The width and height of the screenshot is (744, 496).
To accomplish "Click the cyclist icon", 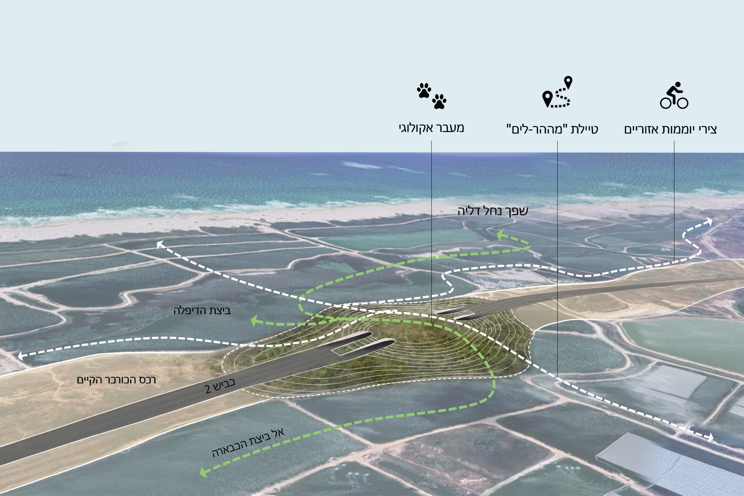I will pyautogui.click(x=674, y=96).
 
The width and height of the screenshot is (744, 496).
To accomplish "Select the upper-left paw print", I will pyautogui.click(x=424, y=90).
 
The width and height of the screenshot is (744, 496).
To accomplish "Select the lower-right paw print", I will pyautogui.click(x=439, y=101).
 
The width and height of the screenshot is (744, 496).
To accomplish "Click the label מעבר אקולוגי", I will pyautogui.click(x=431, y=128).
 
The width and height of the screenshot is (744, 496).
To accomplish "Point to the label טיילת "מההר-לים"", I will pyautogui.click(x=552, y=129).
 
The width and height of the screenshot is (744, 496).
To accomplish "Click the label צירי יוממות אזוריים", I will pyautogui.click(x=670, y=129).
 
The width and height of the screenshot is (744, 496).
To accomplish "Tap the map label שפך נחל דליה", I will pyautogui.click(x=493, y=211).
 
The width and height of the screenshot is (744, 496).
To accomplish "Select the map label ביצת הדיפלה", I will pyautogui.click(x=202, y=311).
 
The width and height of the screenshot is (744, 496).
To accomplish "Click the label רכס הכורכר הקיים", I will pyautogui.click(x=117, y=379).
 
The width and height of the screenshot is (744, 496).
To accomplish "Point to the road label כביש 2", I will pyautogui.click(x=220, y=385).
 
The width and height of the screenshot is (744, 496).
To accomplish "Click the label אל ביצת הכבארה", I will pyautogui.click(x=248, y=443).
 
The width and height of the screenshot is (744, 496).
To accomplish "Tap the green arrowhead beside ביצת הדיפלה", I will pyautogui.click(x=254, y=322).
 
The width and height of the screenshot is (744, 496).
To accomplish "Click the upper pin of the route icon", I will pyautogui.click(x=568, y=82).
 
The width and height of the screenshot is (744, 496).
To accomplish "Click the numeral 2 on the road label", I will pyautogui.click(x=208, y=389).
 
